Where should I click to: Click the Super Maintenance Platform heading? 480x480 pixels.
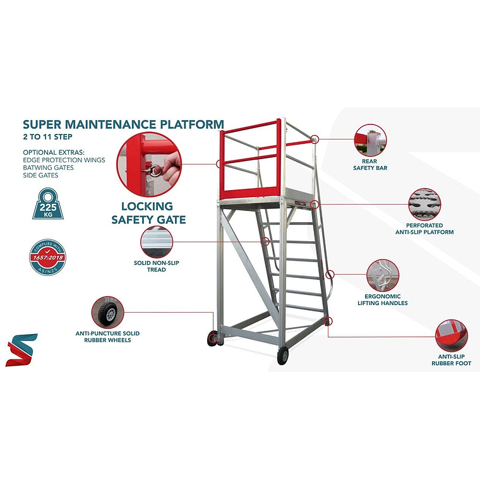pos(123,124)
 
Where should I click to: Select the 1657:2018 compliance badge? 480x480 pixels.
pos(48,256)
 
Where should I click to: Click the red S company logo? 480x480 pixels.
pos(21,350)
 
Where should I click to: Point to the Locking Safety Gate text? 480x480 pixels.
pos(148,213)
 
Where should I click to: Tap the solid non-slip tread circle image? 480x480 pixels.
pos(157,242)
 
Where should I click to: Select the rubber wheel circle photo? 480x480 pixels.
pos(107,313)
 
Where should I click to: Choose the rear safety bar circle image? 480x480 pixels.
pos(371,140)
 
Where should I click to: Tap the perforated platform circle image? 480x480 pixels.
pos(424,204)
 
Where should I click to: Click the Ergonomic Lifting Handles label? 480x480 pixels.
pos(382,299)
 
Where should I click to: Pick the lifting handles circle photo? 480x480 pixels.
pos(383,275)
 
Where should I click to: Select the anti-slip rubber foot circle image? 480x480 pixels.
pos(452,335)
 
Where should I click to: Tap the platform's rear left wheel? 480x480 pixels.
pos(212,339)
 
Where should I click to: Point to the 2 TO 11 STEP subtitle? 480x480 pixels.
pos(47,136)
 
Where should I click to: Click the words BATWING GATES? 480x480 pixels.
pos(48,167)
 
